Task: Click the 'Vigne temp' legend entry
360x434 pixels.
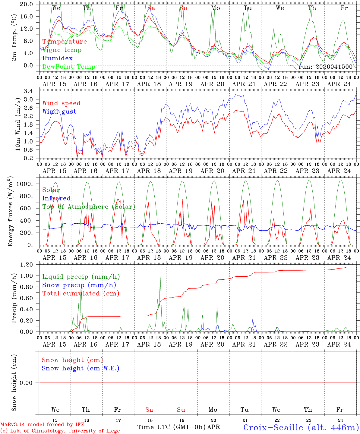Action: pyautogui.click(x=62, y=50)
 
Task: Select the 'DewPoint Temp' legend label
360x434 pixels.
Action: pyautogui.click(x=69, y=67)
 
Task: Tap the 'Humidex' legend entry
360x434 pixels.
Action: pyautogui.click(x=57, y=58)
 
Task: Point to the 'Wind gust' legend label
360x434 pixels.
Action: pyautogui.click(x=59, y=112)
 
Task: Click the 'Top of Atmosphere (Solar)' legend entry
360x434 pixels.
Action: pyautogui.click(x=89, y=207)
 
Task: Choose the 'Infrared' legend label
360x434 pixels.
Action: pyautogui.click(x=56, y=198)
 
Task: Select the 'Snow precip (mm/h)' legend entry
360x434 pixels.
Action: pyautogui.click(x=79, y=285)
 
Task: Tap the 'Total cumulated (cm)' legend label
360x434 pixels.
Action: pyautogui.click(x=81, y=294)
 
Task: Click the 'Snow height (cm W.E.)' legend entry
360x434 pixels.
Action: pyautogui.click(x=81, y=368)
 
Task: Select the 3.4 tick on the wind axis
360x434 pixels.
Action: pyautogui.click(x=32, y=91)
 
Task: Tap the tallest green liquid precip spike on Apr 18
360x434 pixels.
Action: pyautogui.click(x=160, y=277)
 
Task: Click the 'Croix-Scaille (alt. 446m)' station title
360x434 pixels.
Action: pyautogui.click(x=301, y=427)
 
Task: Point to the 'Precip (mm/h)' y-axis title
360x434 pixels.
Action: pyautogui.click(x=14, y=298)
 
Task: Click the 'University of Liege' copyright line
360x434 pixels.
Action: pyautogui.click(x=60, y=431)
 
